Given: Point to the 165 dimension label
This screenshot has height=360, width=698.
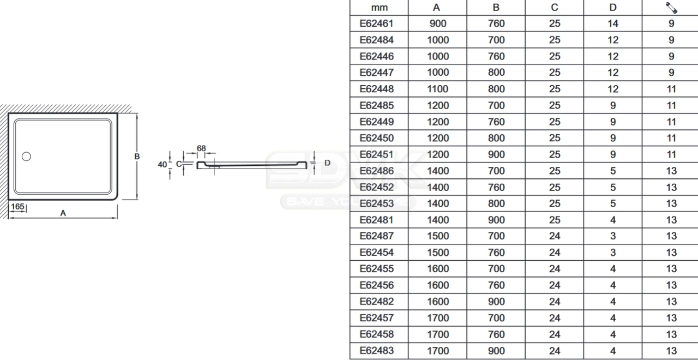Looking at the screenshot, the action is tap(17, 207).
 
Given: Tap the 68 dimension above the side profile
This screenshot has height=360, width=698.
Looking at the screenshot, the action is tap(201, 148).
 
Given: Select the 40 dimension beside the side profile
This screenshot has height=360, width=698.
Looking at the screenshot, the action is tap(163, 164).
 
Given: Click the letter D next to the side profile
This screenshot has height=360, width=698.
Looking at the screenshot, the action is tap(327, 163).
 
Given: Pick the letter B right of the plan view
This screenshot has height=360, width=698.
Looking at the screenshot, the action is tap(137, 157).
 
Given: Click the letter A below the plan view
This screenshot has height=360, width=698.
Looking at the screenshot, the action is tap(63, 213).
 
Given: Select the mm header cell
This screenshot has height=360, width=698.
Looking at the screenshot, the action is tap(379, 8).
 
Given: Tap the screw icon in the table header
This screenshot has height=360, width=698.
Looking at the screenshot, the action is tap(671, 8).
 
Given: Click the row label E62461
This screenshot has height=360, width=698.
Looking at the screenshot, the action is tap(376, 23).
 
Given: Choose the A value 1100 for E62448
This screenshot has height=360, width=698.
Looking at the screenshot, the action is tap(437, 89).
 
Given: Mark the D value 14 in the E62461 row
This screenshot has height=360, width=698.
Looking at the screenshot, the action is tap(612, 23).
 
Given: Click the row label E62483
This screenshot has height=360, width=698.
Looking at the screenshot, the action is tap(376, 351).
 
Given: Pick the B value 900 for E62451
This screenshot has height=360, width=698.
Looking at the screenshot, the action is tap(496, 154).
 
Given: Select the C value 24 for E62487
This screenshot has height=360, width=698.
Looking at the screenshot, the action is tap(555, 236).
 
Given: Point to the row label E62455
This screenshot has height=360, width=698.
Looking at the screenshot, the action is tap(376, 269).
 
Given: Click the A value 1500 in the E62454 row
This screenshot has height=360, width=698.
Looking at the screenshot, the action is tap(437, 253).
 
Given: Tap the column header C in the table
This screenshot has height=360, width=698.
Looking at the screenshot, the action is tap(555, 8).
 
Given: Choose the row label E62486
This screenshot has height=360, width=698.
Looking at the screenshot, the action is tap(376, 171).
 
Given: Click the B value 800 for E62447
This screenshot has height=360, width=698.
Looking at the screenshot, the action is tap(496, 73).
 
